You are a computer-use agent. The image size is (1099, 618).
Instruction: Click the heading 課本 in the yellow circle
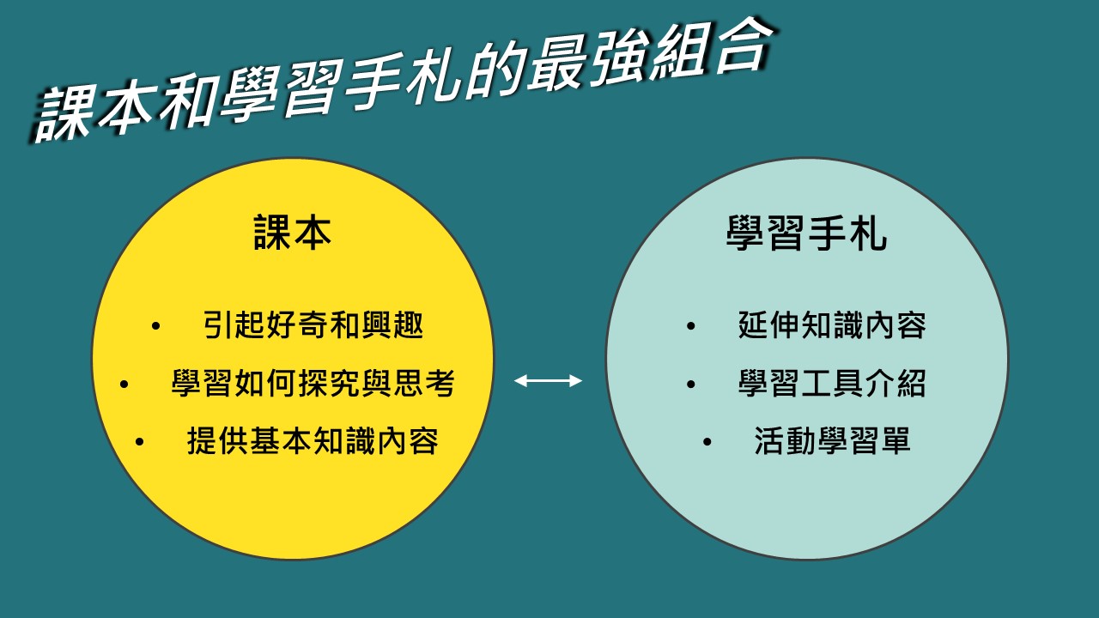[x=293, y=233]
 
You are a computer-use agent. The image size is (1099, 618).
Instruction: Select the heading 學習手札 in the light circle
[x=806, y=233]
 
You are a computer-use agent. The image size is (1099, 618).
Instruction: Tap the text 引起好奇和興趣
[x=313, y=324]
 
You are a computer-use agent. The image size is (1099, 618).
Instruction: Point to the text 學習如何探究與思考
[x=313, y=383]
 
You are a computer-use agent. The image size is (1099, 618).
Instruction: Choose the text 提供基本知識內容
[x=313, y=440]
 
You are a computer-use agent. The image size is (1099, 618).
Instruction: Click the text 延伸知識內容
[x=832, y=324]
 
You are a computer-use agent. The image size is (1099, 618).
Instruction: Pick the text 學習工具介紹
[x=832, y=383]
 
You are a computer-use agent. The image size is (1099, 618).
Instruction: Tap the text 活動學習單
[x=832, y=440]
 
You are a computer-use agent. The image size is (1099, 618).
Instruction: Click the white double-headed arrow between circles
[x=548, y=380]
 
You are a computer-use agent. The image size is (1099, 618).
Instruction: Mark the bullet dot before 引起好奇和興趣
[x=156, y=326]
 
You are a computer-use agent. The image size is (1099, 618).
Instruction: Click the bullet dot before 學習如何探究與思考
[x=124, y=384]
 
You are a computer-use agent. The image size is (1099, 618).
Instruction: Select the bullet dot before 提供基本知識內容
[x=140, y=442]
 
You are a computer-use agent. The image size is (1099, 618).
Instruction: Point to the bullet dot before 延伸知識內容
[x=691, y=326]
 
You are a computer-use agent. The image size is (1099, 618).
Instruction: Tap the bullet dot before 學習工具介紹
[x=691, y=384]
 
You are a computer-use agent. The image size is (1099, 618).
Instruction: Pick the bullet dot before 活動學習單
[x=707, y=442]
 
